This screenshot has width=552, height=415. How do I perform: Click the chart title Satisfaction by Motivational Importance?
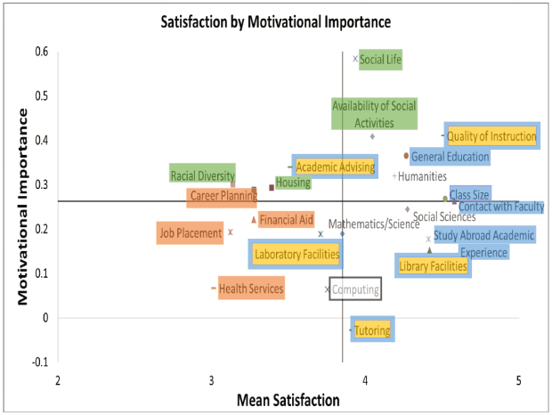[277, 20]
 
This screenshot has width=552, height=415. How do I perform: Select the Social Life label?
[381, 61]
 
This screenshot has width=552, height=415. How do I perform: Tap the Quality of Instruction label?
[491, 136]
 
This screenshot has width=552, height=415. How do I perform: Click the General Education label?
[450, 158]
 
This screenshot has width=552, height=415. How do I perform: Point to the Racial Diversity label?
[203, 175]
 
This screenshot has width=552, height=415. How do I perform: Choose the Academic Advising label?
[335, 167]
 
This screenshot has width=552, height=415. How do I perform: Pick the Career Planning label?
[223, 197]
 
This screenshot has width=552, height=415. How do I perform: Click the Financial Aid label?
[287, 220]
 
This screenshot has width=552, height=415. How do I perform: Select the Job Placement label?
[190, 234]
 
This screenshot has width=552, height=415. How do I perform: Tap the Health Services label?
[251, 289]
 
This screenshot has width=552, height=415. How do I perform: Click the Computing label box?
[356, 289]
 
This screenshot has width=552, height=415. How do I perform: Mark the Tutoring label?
[371, 331]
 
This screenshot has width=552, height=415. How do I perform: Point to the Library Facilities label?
[433, 265]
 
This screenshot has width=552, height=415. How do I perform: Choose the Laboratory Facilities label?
[296, 255]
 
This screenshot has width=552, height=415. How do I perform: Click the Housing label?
[293, 183]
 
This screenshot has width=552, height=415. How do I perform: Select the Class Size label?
[469, 195]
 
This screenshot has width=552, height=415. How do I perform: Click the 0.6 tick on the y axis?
[42, 52]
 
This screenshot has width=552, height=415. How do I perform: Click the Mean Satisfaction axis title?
[288, 401]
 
